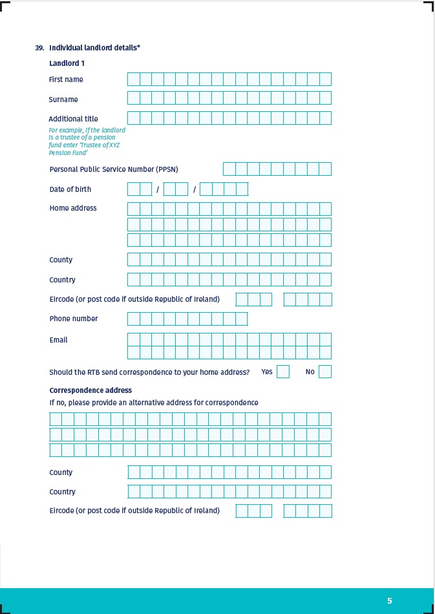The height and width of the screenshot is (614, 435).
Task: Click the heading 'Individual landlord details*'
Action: pyautogui.click(x=94, y=48)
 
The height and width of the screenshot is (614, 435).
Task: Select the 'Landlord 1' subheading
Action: pyautogui.click(x=67, y=63)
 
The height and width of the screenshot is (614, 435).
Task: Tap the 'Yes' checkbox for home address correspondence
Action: pyautogui.click(x=282, y=372)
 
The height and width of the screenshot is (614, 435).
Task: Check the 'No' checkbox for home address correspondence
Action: pyautogui.click(x=325, y=372)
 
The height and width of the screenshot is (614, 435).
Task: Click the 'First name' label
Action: pyautogui.click(x=66, y=79)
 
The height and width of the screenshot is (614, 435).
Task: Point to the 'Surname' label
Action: pyautogui.click(x=63, y=100)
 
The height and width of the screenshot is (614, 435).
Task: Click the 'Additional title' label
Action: pyautogui.click(x=73, y=119)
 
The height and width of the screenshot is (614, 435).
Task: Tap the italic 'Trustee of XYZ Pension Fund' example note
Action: pyautogui.click(x=87, y=142)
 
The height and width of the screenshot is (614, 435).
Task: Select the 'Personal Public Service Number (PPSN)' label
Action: pyautogui.click(x=114, y=169)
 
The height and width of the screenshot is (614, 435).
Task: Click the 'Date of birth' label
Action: pyautogui.click(x=70, y=189)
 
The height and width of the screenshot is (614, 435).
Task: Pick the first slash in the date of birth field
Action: pyautogui.click(x=158, y=189)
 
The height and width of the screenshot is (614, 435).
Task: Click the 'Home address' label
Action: pyautogui.click(x=73, y=208)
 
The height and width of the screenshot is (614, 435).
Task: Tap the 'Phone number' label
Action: pyautogui.click(x=74, y=319)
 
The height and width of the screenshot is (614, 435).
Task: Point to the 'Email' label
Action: pyautogui.click(x=58, y=340)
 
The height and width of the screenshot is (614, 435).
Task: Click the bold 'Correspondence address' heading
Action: pyautogui.click(x=90, y=390)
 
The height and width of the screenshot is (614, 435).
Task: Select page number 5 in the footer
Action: pyautogui.click(x=389, y=601)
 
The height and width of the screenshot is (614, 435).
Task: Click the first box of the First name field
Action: pyautogui.click(x=133, y=79)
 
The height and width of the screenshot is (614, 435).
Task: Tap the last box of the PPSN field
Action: pyautogui.click(x=325, y=169)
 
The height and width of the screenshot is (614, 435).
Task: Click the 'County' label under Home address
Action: pyautogui.click(x=61, y=260)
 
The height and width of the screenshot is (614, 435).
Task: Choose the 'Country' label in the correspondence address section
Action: pyautogui.click(x=62, y=492)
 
